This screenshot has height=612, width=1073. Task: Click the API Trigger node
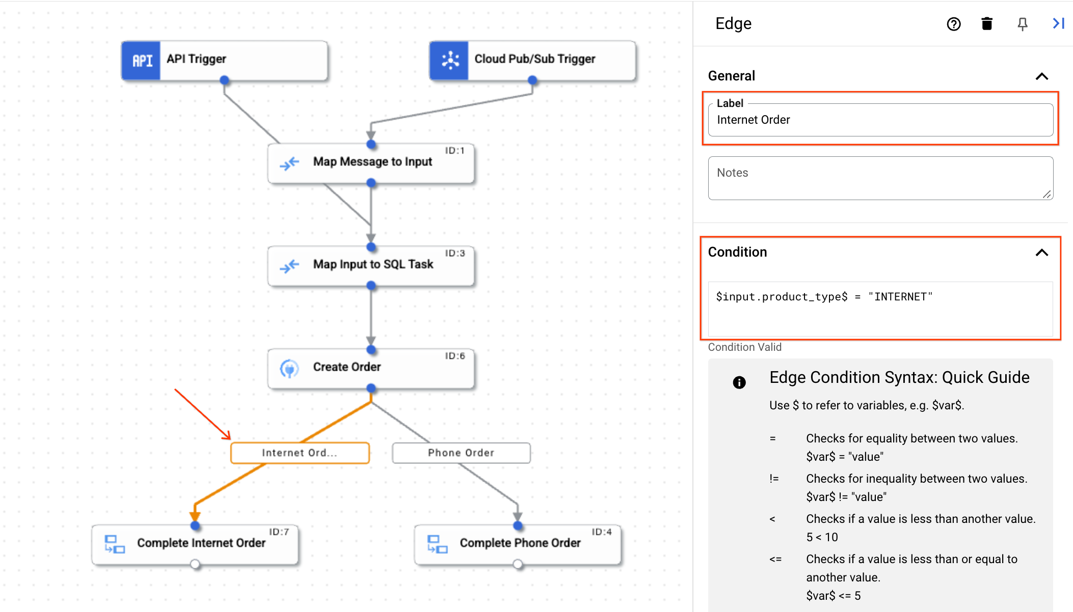point(224,60)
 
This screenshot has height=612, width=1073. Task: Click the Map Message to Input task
point(371,162)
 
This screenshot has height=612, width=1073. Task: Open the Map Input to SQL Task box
point(371,265)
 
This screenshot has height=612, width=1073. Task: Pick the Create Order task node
point(371,368)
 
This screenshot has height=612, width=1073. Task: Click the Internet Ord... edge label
point(300,453)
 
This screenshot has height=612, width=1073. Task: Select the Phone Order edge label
point(461,453)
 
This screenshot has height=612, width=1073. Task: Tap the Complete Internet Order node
point(195,543)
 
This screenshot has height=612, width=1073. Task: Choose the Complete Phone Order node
point(518,543)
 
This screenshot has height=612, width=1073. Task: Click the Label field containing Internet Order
point(880,120)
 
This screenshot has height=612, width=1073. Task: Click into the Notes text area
point(880,178)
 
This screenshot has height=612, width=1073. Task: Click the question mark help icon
point(953,24)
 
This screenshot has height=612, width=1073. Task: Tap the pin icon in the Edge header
point(1022,24)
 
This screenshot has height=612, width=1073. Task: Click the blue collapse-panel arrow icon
point(1058,23)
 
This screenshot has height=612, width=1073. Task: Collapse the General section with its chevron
point(1042,76)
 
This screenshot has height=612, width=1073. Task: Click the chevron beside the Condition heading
point(1042,253)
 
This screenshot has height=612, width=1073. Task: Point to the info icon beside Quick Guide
point(739,382)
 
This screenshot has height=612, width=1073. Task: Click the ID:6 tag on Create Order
point(455,356)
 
